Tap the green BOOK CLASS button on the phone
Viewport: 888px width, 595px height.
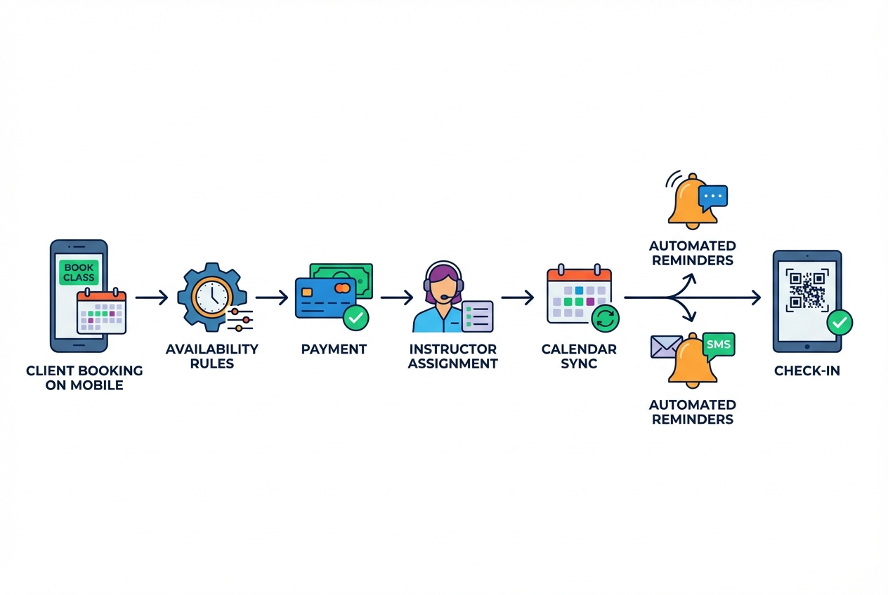click(x=79, y=272)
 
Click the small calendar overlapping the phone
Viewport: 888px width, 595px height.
click(x=102, y=312)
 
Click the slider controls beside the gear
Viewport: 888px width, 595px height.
click(x=240, y=319)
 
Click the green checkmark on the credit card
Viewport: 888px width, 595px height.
click(x=355, y=318)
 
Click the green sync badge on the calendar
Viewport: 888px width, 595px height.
click(x=604, y=317)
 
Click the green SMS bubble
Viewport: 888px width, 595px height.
click(x=718, y=345)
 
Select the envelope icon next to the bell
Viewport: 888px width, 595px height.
click(x=666, y=347)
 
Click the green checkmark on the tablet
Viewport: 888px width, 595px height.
click(x=839, y=323)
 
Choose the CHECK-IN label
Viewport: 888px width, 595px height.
click(x=807, y=370)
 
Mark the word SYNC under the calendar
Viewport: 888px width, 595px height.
click(x=579, y=363)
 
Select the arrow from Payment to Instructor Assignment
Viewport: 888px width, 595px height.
click(x=397, y=298)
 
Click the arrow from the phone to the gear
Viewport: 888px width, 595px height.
click(x=151, y=298)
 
